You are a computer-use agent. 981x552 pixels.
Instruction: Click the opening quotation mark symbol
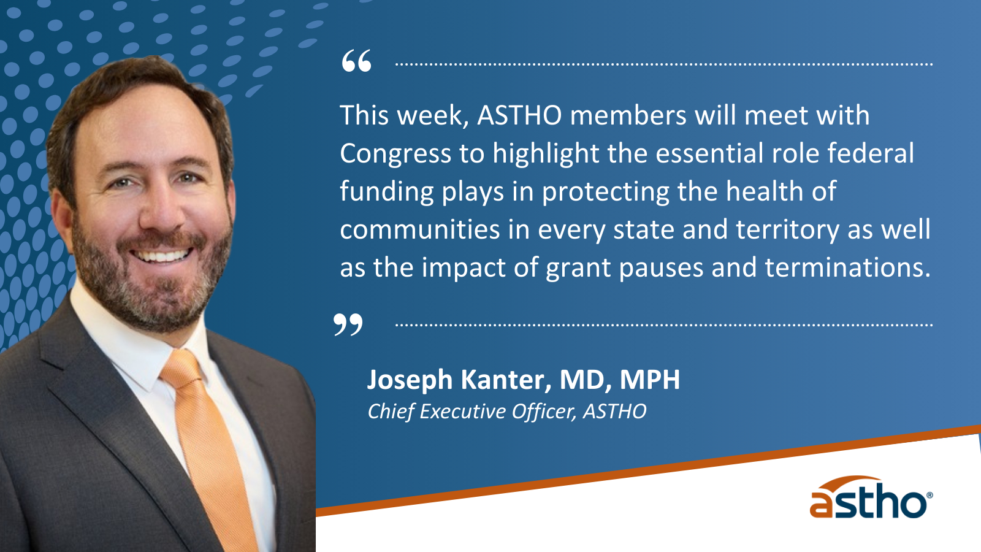click(356, 61)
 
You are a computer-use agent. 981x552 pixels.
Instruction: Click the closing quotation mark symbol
click(348, 324)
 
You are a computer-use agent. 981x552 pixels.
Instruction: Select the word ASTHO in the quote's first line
click(519, 116)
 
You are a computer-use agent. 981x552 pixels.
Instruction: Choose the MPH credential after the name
click(650, 380)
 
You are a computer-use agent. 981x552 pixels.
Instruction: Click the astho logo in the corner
click(871, 497)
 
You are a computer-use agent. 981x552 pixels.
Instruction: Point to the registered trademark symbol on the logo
click(929, 496)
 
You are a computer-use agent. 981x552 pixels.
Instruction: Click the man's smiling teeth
click(162, 256)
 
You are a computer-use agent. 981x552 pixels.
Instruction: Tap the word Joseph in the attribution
click(410, 380)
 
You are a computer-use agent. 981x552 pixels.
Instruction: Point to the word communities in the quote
click(419, 230)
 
